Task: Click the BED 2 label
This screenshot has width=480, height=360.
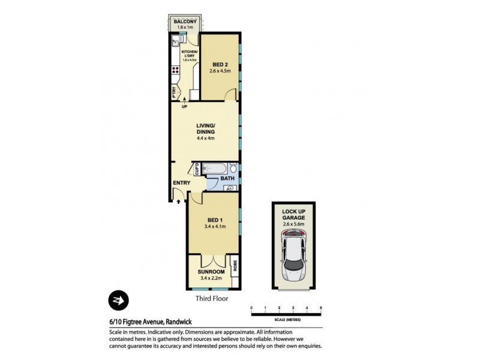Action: (220, 64)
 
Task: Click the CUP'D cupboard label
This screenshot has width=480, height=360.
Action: (196, 170)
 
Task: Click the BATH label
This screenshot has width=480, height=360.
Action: (227, 178)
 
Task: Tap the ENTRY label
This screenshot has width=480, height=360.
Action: (181, 183)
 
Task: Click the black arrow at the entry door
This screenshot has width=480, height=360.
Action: (178, 202)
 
